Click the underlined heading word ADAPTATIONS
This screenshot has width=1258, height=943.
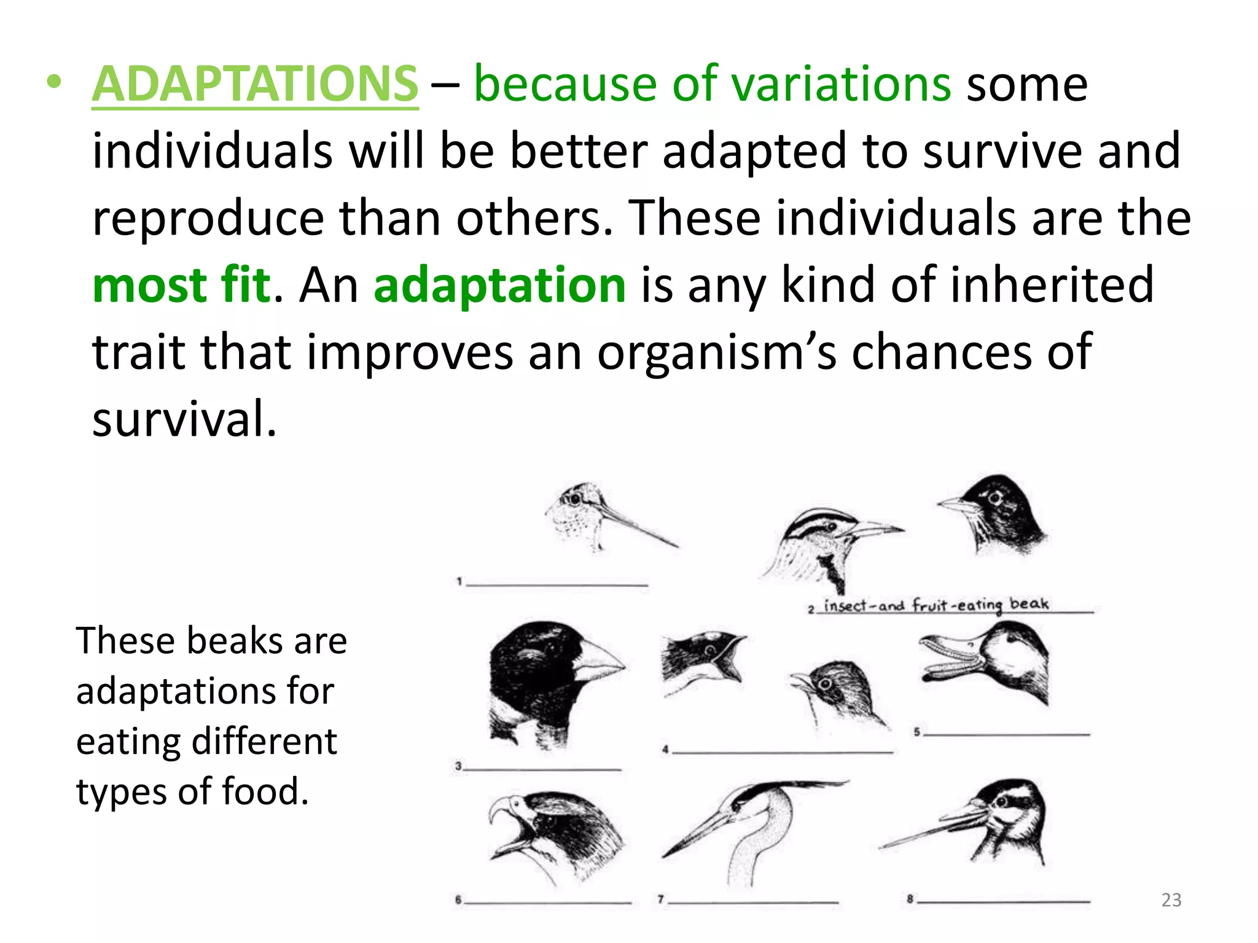(x=255, y=84)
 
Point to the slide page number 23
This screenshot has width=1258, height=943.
(x=1171, y=900)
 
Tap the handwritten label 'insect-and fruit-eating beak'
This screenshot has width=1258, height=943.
(x=936, y=605)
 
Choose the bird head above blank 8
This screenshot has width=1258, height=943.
(x=983, y=820)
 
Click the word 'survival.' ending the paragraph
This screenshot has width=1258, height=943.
(x=184, y=419)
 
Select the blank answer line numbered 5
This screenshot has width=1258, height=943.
(x=1006, y=733)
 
